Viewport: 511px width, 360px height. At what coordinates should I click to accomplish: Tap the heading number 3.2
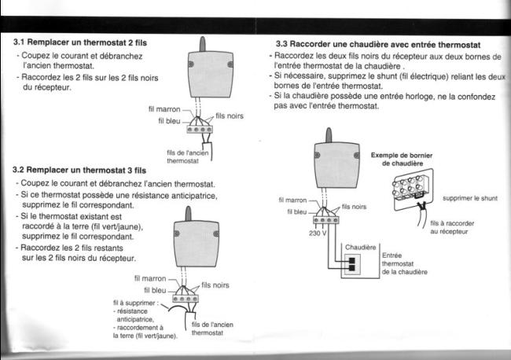[x=22, y=170]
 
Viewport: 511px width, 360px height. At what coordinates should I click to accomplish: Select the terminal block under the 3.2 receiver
[x=186, y=299]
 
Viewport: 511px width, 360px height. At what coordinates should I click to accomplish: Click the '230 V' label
[x=314, y=234]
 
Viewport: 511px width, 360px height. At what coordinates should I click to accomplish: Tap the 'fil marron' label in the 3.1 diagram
[x=164, y=108]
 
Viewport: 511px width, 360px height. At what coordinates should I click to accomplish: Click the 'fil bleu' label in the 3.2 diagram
[x=150, y=290]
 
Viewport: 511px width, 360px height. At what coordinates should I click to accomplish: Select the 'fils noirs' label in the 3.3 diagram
[x=355, y=206]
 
